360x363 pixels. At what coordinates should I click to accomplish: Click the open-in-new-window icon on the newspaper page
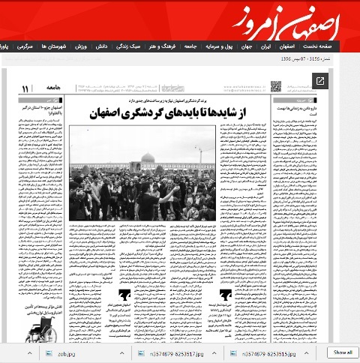click(320, 81)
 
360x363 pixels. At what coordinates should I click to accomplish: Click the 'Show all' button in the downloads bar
click(342, 352)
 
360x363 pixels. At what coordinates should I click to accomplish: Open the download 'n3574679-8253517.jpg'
click(169, 352)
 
